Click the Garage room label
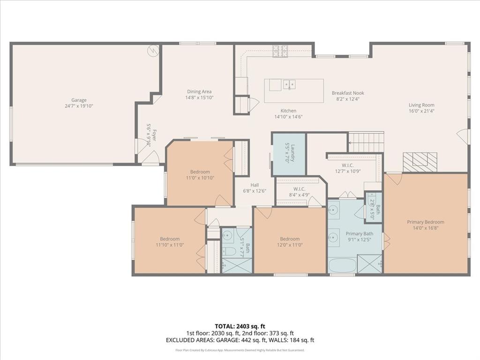pos(79,100)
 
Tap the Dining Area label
pos(199,91)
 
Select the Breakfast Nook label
pos(348,93)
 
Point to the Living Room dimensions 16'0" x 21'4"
pos(421,111)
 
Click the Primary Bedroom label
pos(425,222)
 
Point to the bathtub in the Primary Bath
pos(342,266)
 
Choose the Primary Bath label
pos(359,233)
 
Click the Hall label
pos(255,185)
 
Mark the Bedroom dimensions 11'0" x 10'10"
pos(200,178)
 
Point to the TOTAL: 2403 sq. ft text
pos(240,326)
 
